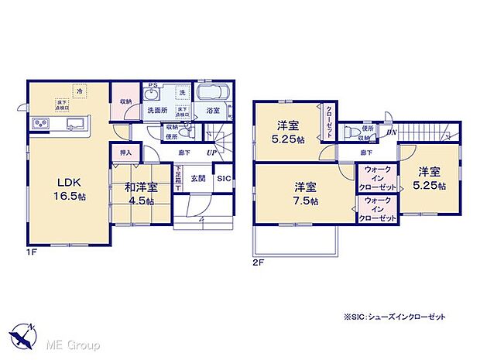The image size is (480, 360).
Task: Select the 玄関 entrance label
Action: [x=197, y=179]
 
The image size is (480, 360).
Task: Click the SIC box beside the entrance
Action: [x=222, y=180]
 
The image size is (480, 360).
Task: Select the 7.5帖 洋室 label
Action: [x=303, y=192]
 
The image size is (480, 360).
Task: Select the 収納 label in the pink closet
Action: [x=126, y=100]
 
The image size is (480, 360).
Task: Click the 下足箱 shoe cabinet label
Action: [x=178, y=180]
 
